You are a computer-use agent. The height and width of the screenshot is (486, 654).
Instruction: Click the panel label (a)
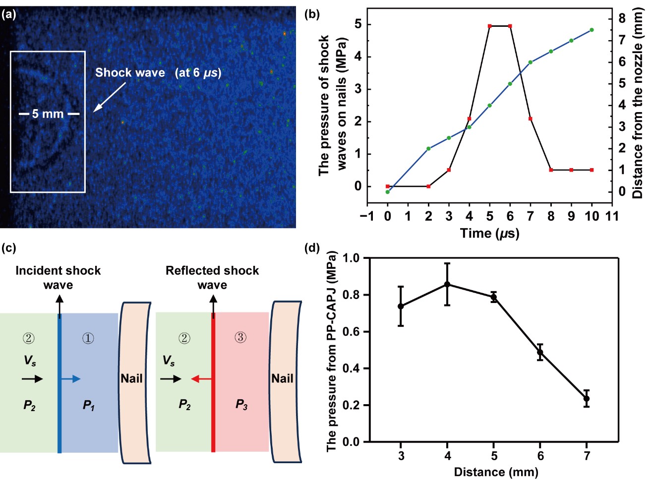(x=9, y=14)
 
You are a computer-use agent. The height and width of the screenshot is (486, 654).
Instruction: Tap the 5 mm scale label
(x=48, y=114)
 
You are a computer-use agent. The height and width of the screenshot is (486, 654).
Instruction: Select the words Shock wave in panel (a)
(x=130, y=73)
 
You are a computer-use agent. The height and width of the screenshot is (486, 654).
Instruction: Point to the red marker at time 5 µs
(x=489, y=26)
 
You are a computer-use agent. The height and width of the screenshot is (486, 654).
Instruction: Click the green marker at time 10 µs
(x=592, y=30)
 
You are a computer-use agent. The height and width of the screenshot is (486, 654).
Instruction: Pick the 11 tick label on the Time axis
(x=612, y=216)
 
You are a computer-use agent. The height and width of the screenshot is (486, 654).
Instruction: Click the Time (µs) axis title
(x=489, y=233)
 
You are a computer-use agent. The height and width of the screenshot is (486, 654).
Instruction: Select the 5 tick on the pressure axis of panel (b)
(x=358, y=24)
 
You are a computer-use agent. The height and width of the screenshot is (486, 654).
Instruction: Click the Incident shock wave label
(x=58, y=277)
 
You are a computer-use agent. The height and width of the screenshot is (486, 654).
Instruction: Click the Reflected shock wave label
(x=212, y=277)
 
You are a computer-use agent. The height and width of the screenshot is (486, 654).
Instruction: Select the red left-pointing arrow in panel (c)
(x=201, y=379)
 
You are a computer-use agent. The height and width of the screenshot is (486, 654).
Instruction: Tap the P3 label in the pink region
(x=241, y=405)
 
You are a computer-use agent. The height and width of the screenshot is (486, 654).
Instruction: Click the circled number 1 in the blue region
(x=88, y=338)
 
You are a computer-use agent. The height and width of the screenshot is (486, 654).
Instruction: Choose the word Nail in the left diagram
(x=131, y=378)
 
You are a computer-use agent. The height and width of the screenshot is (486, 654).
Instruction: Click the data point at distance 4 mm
(x=447, y=284)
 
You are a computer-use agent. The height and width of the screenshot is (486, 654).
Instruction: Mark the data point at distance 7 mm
(x=587, y=399)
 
